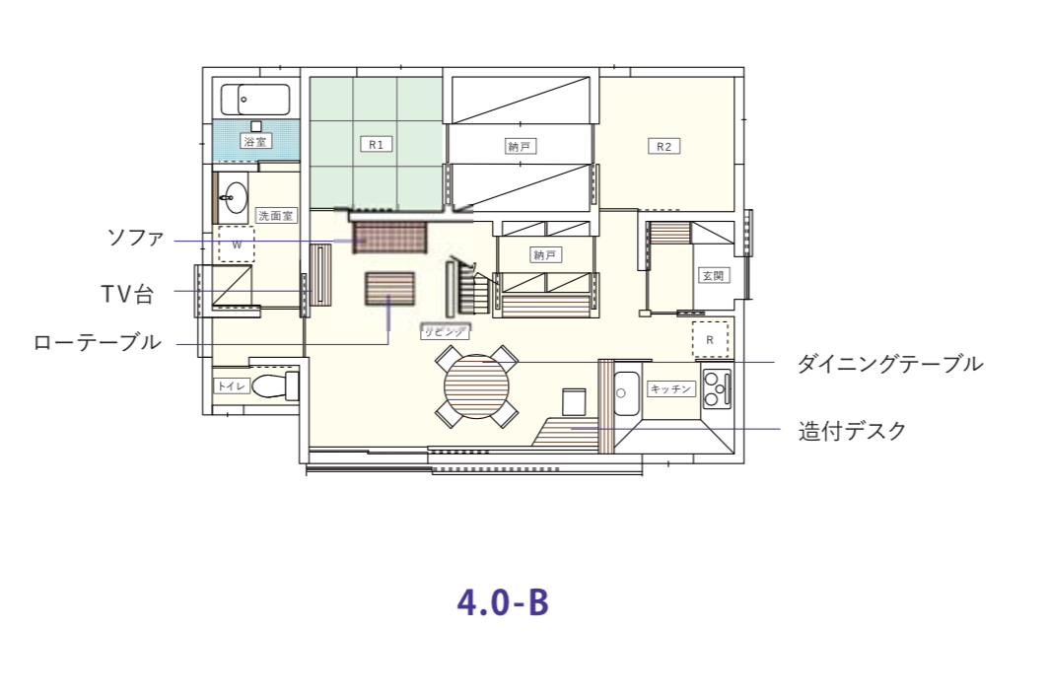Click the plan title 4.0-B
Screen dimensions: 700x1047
(503, 601)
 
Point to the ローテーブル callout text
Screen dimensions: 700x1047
(97, 343)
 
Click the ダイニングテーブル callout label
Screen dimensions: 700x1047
(889, 364)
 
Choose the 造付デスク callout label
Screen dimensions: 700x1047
(851, 431)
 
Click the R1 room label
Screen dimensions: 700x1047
(375, 145)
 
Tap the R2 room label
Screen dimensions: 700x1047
(664, 147)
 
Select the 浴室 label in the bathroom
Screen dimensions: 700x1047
(255, 142)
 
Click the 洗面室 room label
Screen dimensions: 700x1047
(275, 215)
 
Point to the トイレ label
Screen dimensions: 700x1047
(232, 386)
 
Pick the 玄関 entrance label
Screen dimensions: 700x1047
(712, 275)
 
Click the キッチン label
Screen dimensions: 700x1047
(671, 389)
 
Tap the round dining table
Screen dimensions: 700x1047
(478, 387)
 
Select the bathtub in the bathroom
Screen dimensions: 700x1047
(255, 100)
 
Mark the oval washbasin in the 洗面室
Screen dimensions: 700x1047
(235, 198)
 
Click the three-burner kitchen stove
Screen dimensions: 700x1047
(716, 388)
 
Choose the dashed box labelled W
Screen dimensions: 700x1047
(237, 243)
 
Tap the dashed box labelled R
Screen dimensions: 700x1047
(710, 339)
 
